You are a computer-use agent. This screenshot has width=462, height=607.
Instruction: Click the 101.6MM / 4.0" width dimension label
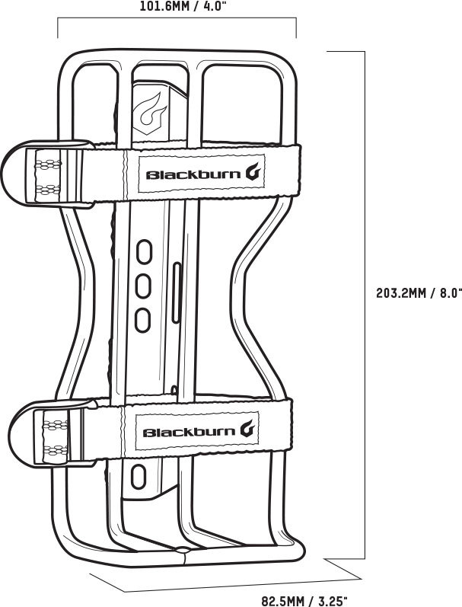click(183, 7)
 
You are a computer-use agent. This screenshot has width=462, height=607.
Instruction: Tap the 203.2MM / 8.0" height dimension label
click(419, 292)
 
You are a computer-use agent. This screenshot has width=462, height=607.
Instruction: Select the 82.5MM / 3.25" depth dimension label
click(305, 601)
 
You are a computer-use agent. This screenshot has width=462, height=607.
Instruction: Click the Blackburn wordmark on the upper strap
click(193, 174)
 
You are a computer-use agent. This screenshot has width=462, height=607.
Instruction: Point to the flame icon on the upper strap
click(255, 173)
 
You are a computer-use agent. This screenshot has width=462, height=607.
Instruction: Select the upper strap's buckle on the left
click(46, 173)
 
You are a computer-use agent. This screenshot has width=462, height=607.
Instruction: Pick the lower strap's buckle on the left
click(53, 433)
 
